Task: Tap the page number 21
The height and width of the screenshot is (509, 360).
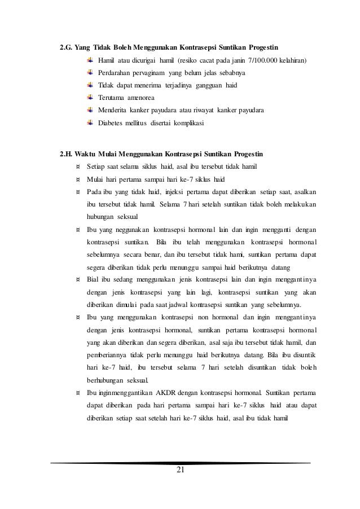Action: [180, 471]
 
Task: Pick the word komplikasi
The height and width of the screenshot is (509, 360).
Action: [189, 122]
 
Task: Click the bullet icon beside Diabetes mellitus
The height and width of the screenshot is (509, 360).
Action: [91, 122]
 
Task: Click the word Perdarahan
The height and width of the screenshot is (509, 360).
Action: [117, 72]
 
